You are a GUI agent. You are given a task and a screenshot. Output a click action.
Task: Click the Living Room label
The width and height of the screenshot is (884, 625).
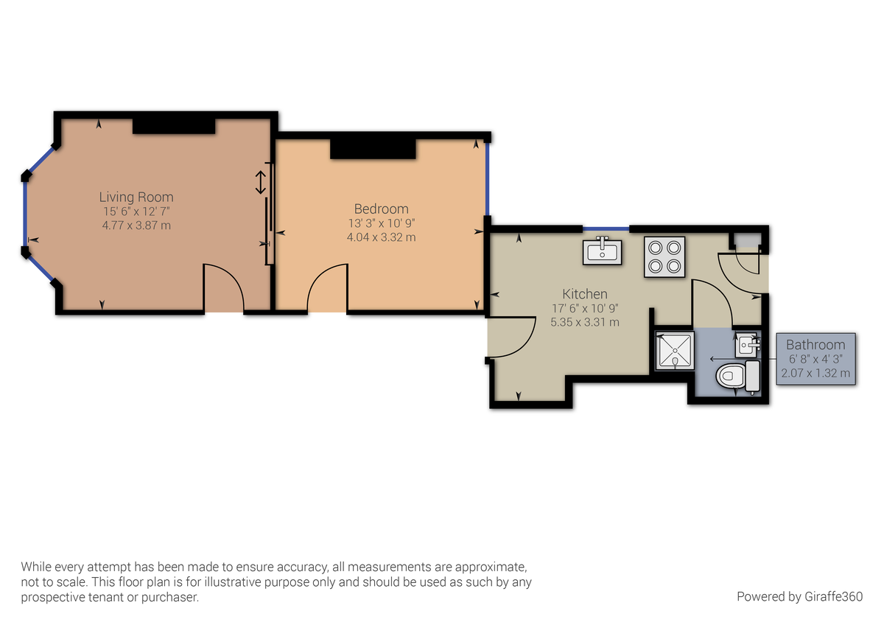click(x=136, y=197)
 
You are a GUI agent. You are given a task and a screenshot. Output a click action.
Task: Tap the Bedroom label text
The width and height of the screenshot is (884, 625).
click(x=381, y=209)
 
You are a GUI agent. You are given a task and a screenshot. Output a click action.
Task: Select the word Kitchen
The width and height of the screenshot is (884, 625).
click(x=584, y=293)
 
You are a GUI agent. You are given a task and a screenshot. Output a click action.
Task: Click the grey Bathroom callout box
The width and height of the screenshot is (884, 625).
click(x=815, y=359)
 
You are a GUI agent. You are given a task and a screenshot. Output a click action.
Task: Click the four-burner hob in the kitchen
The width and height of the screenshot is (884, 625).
click(x=664, y=256)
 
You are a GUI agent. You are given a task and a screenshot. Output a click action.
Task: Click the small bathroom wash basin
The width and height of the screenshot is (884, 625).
click(x=746, y=343)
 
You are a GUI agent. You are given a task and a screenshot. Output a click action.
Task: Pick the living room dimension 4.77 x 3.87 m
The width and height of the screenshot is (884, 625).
click(x=136, y=225)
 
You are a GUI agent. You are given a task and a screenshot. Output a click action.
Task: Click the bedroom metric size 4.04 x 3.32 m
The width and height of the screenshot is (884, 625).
click(x=381, y=237)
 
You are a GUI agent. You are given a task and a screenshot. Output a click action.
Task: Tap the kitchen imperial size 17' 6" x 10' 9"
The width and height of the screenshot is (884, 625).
click(x=584, y=308)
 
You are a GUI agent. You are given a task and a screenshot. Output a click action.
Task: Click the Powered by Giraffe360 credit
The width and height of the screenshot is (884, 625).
click(x=799, y=596)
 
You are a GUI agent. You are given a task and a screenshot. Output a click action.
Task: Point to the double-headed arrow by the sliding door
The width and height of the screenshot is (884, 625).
click(x=259, y=182)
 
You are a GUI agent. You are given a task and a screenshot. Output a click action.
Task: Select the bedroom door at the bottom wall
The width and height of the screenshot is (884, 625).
click(x=326, y=287)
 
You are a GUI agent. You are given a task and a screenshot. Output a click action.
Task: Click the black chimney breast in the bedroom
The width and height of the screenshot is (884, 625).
click(x=373, y=147)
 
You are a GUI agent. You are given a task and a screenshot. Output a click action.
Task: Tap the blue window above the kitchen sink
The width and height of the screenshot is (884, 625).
click(x=606, y=229)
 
